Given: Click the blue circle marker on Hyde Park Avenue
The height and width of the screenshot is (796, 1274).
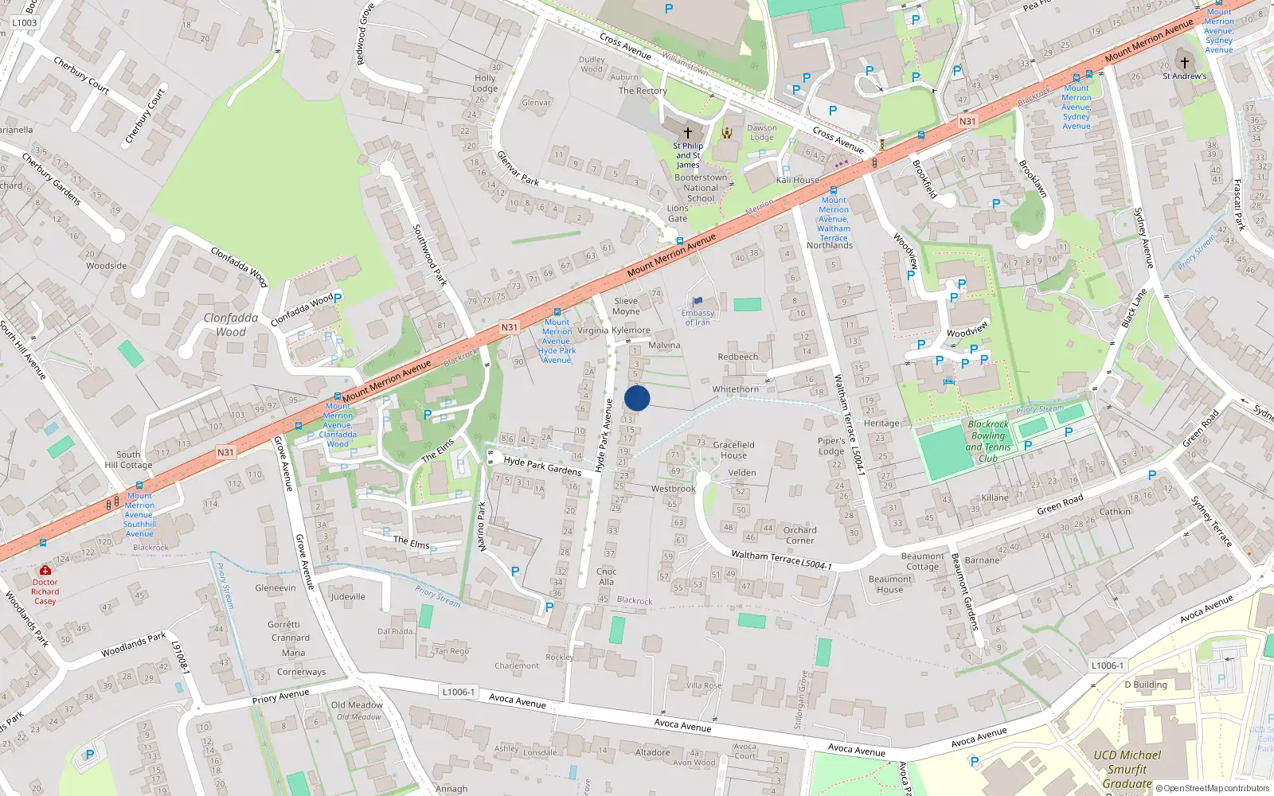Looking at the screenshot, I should (637, 398).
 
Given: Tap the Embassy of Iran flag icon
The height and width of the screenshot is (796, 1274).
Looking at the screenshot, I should (698, 302).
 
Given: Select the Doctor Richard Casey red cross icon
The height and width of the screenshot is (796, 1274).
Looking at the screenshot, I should (45, 571).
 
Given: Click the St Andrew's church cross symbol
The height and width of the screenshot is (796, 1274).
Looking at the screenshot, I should (1184, 63).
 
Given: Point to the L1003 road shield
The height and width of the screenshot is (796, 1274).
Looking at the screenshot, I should (25, 23).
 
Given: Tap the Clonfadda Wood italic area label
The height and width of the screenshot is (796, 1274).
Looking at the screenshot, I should (231, 325).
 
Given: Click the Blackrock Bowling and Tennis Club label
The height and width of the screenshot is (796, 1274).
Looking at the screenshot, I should (988, 441).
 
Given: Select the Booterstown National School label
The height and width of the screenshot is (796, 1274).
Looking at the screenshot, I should (701, 188).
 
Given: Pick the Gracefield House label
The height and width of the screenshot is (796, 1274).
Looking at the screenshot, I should (733, 450).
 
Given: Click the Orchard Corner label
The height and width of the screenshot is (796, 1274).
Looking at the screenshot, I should (799, 535).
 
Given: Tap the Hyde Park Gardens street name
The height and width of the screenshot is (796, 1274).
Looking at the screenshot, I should (542, 466).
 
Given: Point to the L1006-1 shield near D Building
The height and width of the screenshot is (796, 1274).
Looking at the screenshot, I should (1107, 665).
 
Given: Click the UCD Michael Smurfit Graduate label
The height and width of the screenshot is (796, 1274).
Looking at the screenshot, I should (1127, 769).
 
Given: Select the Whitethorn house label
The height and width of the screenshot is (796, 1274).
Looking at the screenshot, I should (736, 389).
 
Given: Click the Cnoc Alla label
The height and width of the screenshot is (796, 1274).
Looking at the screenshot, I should (606, 576).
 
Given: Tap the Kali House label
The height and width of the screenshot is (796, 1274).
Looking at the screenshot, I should (798, 180).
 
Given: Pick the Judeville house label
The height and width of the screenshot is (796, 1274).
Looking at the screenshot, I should (348, 596).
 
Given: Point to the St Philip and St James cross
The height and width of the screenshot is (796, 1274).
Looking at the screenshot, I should (688, 132).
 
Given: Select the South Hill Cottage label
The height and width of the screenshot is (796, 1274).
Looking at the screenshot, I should (128, 459).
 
